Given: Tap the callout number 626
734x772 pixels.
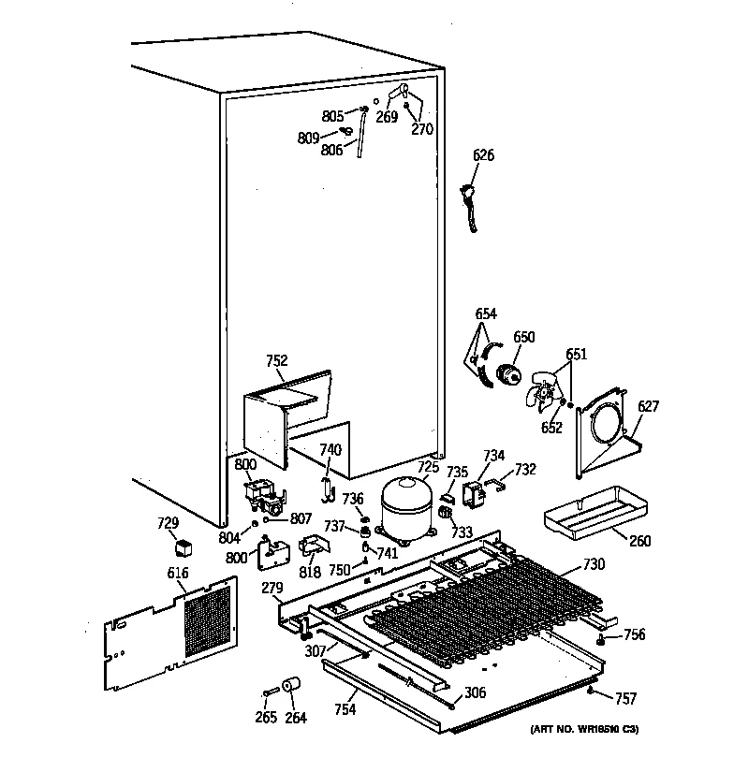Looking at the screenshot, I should (x=483, y=155).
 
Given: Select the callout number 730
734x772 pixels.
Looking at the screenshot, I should (x=594, y=564).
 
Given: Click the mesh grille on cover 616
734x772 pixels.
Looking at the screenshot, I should (x=207, y=618).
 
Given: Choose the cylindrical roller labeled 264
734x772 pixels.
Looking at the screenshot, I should (x=293, y=690).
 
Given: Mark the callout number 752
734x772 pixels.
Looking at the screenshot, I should (x=276, y=360).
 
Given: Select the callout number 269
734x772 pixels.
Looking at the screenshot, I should (x=386, y=118).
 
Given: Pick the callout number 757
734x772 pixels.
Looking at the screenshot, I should (x=625, y=698).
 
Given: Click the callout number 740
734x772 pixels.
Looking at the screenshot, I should (x=330, y=450).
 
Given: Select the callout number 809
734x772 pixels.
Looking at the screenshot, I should (x=308, y=138).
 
